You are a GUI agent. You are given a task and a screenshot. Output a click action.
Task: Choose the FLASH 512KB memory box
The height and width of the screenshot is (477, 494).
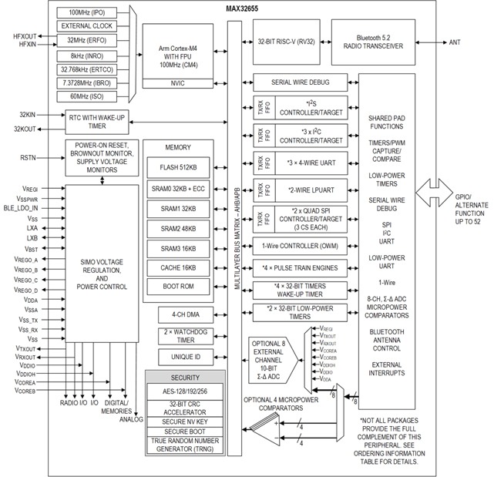point(178,168)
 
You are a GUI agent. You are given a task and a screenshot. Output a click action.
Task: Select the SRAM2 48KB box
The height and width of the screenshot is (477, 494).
point(178,229)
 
